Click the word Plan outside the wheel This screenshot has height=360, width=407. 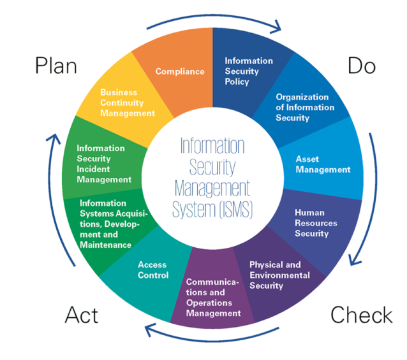(x=56, y=66)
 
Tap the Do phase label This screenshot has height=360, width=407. (x=362, y=66)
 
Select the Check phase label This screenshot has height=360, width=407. (x=361, y=315)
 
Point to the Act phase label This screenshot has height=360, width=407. (x=82, y=315)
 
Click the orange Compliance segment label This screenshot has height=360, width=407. (x=180, y=71)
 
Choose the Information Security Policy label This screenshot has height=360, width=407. (x=248, y=71)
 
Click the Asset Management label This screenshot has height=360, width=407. (x=323, y=164)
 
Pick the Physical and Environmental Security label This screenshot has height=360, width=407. (x=279, y=275)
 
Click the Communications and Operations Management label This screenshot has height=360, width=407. (x=213, y=297)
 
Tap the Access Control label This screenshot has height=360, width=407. (x=153, y=270)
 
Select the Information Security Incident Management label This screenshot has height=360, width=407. (x=104, y=164)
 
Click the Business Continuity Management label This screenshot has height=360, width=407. (x=128, y=103)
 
